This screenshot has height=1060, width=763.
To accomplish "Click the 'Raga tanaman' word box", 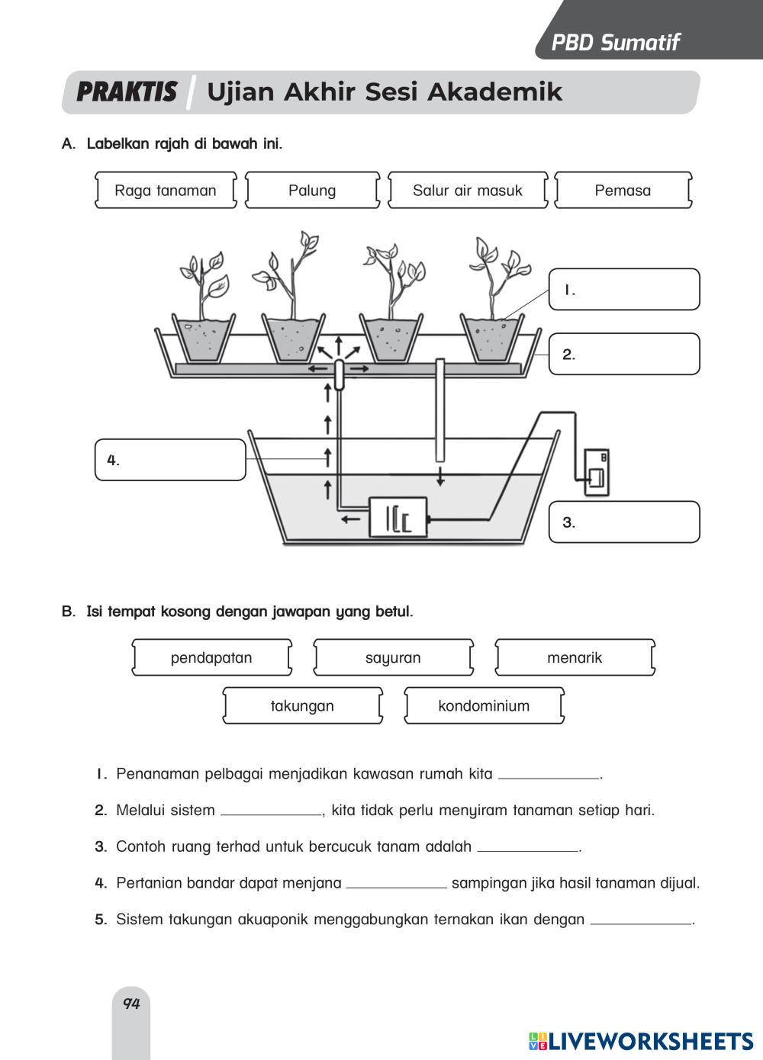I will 166,191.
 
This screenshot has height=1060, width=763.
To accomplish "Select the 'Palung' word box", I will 312,191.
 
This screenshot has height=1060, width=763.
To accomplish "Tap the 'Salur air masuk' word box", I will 468,191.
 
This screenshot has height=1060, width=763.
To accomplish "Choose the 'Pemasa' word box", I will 623,191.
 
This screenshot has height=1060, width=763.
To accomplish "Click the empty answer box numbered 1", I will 624,290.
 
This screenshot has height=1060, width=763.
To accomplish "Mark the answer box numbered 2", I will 624,355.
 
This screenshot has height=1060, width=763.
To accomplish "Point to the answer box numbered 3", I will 624,522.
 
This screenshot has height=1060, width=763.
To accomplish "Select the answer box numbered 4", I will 171,460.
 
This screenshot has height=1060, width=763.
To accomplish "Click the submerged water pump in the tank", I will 398,518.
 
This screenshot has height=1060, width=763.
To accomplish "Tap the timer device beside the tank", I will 596,473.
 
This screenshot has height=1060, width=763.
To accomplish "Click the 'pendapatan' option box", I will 211,658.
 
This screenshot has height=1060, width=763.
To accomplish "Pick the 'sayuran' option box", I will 393,658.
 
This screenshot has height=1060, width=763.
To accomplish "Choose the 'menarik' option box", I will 575,658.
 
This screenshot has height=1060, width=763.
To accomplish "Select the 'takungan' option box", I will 302,706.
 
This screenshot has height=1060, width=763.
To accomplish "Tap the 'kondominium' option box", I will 484,706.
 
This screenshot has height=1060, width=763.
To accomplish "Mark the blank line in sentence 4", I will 396,885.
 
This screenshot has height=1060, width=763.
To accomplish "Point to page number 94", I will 131,1004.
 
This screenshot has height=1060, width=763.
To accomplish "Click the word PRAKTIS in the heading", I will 127,92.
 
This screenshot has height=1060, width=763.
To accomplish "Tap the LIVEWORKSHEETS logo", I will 641,1042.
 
